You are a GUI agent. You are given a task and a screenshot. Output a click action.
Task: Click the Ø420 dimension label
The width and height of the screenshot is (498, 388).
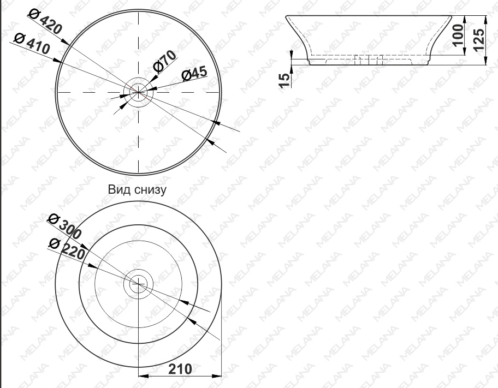coord(45,21)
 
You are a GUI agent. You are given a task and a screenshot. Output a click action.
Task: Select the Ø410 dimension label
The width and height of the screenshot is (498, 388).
coord(32,44)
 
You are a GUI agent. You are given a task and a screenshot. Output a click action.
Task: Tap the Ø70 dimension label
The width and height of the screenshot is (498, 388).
coord(164,61)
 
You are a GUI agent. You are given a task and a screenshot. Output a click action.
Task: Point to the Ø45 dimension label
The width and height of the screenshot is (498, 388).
coord(194,73)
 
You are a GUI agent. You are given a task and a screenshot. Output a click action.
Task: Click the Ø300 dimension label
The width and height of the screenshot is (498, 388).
coord(65,226)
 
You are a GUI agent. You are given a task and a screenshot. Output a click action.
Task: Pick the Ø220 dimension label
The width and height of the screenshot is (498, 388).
coord(67,249)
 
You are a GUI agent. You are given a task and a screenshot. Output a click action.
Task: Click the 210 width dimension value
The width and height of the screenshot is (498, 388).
coord(180,369)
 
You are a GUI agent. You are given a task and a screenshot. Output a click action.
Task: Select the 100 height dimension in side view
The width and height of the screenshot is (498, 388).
coord(458,35)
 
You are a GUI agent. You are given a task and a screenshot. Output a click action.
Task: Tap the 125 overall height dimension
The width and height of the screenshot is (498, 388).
coord(479,39)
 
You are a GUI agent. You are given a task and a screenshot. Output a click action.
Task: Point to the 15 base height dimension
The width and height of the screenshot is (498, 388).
coord(284,80)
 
